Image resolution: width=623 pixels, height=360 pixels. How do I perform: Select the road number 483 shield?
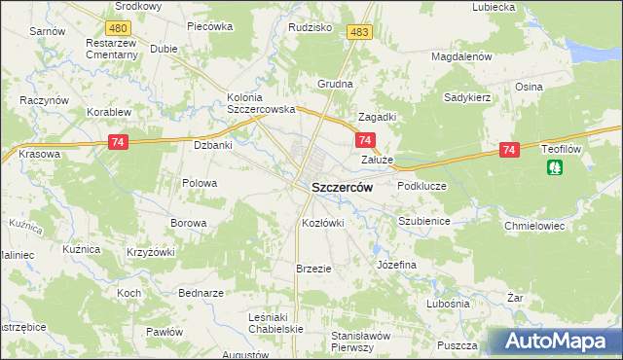(359, 32)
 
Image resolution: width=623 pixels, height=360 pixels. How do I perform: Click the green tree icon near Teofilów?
(554, 167)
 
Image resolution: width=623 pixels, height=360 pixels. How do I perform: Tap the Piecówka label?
(209, 26)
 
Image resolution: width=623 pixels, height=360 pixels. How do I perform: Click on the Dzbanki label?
(212, 145)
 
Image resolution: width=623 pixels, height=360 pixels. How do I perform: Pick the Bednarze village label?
(202, 293)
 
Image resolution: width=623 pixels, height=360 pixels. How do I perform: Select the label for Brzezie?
(314, 268)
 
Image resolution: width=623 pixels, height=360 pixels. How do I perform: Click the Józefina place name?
(396, 264)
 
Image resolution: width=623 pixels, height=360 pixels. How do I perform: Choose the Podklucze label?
(421, 185)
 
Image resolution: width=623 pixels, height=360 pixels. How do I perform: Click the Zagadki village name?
(377, 116)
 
